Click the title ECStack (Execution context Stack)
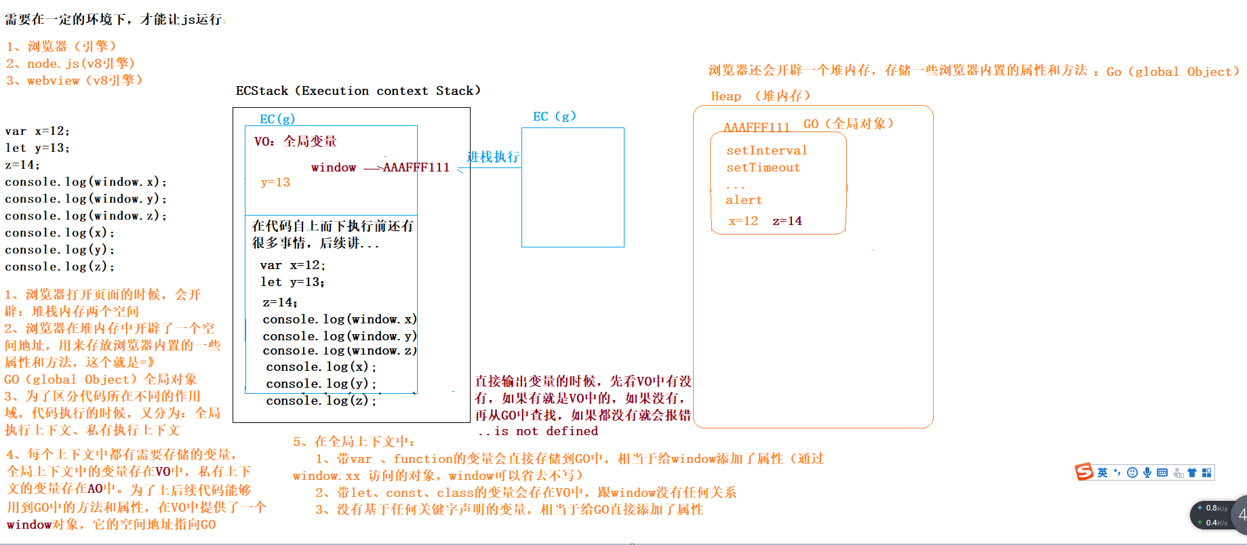tap(358, 91)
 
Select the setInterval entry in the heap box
tap(766, 150)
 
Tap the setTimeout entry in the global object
tap(763, 167)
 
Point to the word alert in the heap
tap(744, 200)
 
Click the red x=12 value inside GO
tap(743, 221)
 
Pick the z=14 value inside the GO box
tap(787, 221)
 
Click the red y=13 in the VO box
tap(275, 182)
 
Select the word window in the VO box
tap(334, 167)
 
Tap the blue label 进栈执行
tap(493, 157)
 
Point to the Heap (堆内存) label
tap(760, 96)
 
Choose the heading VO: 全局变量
tap(296, 141)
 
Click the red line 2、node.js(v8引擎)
tap(71, 63)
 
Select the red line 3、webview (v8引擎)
tap(74, 80)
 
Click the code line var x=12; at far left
tap(37, 131)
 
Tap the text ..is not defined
tap(538, 431)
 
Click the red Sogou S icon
tap(1084, 472)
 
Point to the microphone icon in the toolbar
tap(1147, 472)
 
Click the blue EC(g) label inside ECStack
tap(277, 119)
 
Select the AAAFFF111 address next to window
tap(416, 167)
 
